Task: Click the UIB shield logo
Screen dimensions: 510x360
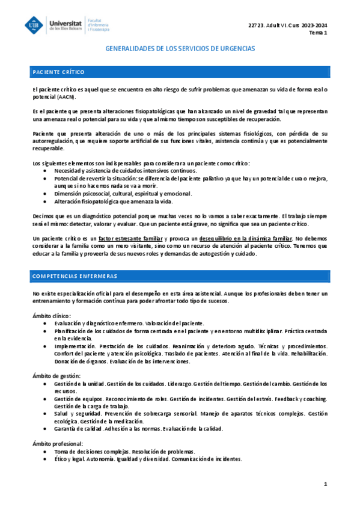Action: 34,25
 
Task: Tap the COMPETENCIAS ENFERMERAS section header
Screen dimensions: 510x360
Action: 75,275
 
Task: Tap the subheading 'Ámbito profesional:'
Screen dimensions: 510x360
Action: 58,443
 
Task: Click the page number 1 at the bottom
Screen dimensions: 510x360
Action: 325,484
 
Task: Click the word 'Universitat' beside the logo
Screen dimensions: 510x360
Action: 66,20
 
